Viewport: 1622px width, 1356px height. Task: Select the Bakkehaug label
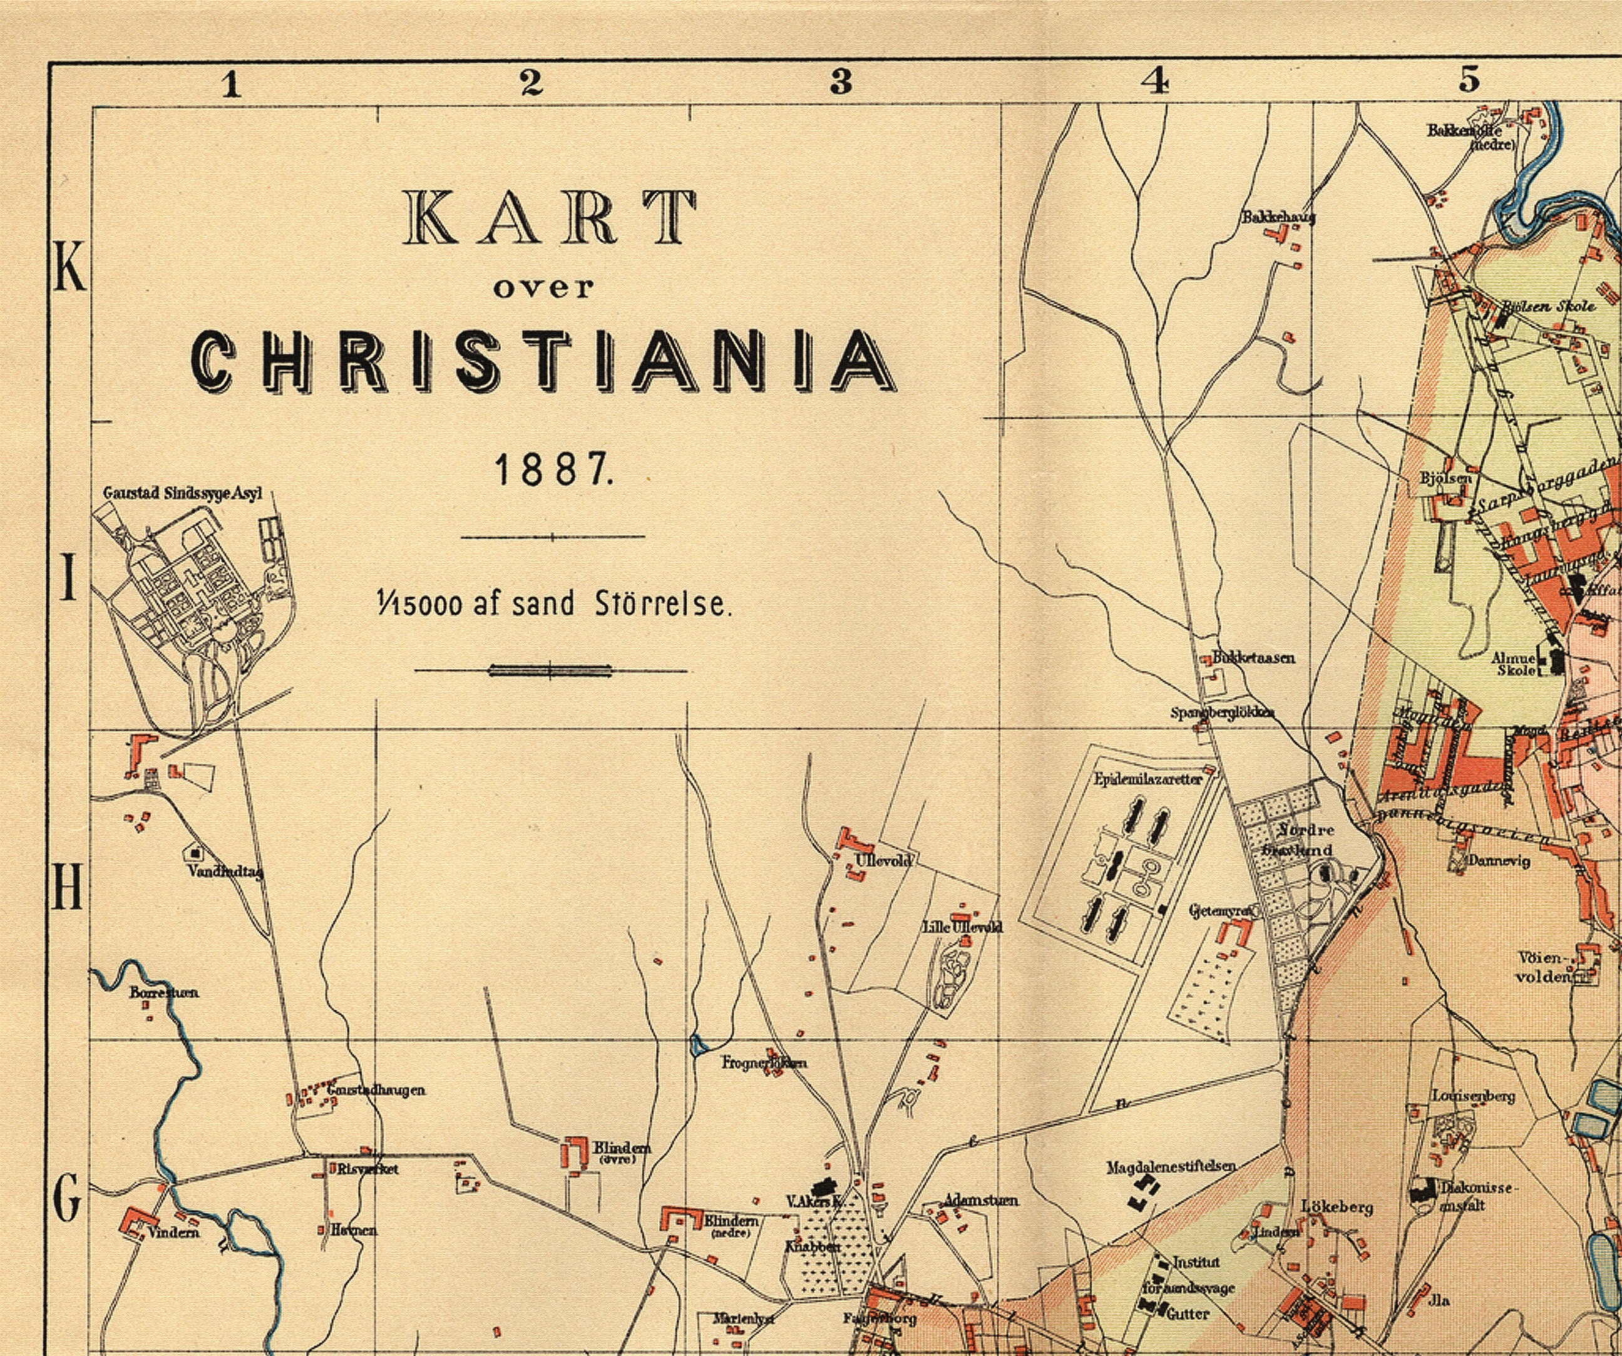click(x=1278, y=217)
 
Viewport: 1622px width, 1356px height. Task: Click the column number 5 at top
click(x=1469, y=80)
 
